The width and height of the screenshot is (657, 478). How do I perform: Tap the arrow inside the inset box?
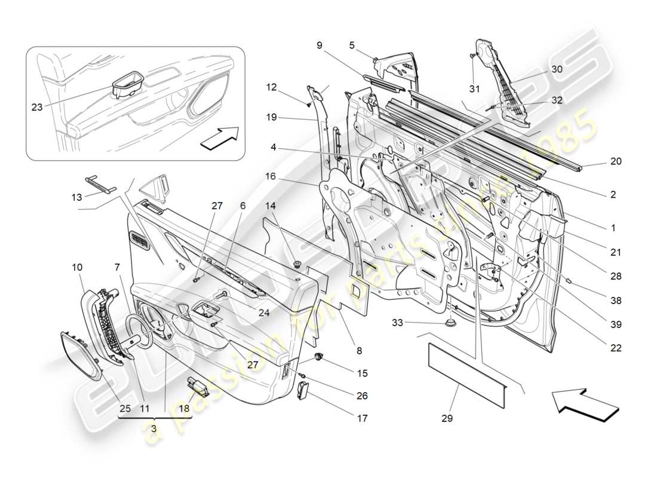point(219,138)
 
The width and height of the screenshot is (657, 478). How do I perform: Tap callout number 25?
point(124,409)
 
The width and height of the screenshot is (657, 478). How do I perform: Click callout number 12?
point(272,87)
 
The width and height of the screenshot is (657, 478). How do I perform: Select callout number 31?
point(474,89)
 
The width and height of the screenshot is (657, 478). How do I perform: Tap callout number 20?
point(616,161)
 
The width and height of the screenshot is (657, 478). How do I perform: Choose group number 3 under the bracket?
point(155,429)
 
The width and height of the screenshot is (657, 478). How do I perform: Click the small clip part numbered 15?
point(321,358)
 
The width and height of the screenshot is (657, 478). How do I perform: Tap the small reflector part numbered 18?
point(198,387)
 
